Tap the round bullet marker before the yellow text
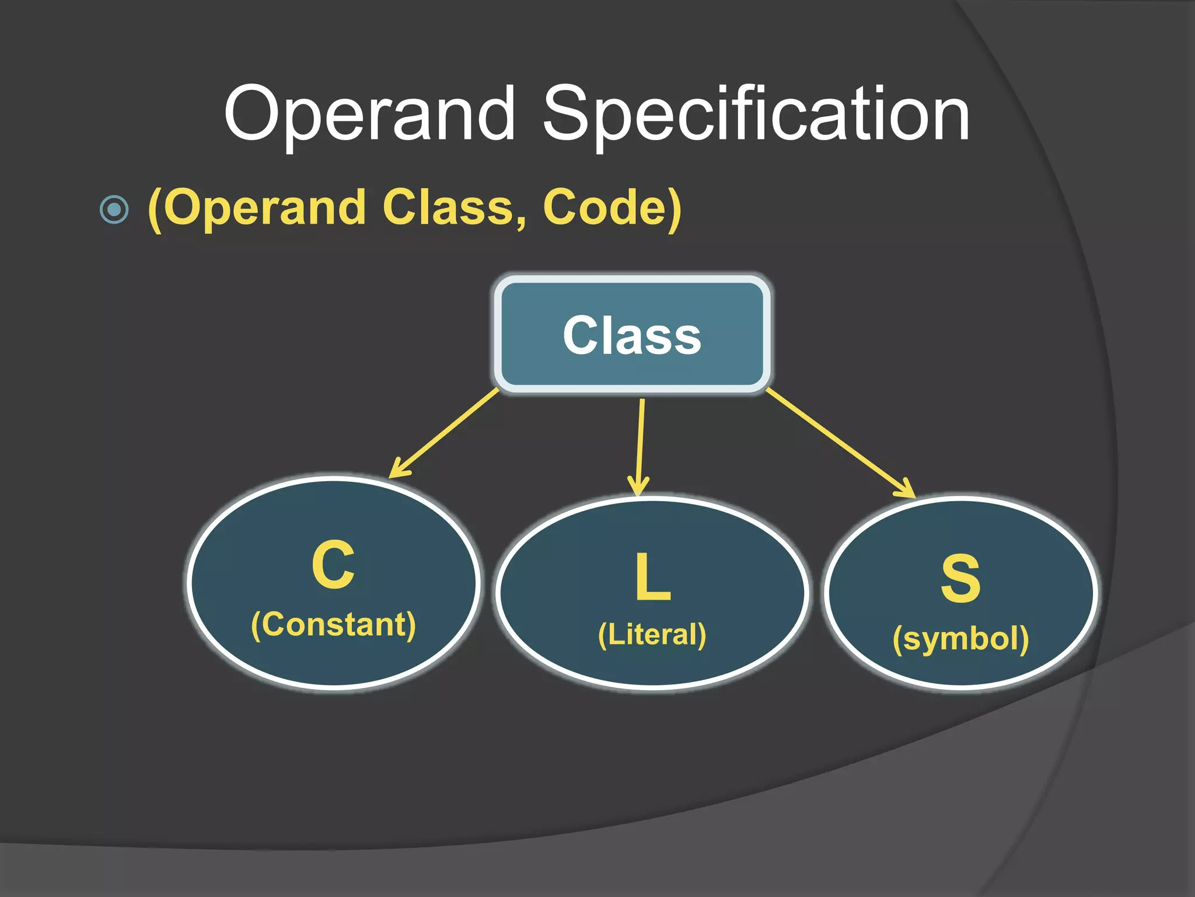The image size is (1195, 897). tap(114, 209)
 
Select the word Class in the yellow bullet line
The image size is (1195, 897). tap(448, 208)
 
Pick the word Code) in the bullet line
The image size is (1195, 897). tap(612, 208)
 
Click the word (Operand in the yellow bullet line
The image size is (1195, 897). tap(257, 209)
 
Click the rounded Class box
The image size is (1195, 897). tap(633, 334)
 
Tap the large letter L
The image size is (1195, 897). tap(652, 577)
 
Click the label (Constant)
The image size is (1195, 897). tap(333, 625)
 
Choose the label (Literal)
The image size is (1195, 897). tap(652, 635)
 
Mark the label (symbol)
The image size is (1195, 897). tap(960, 639)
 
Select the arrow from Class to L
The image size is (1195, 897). tap(641, 444)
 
